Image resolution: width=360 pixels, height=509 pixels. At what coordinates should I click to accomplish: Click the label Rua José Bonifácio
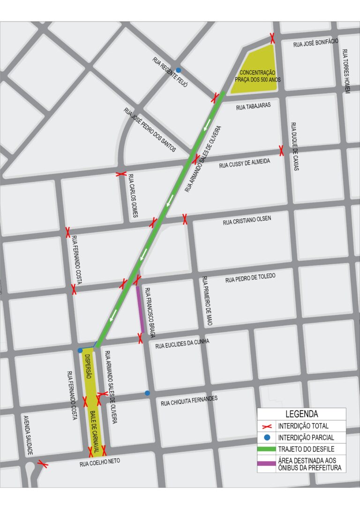click(x=315, y=43)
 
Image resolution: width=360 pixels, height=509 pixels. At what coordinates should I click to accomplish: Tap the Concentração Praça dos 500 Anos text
click(x=257, y=76)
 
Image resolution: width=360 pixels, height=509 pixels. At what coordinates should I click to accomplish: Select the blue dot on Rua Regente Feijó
click(x=178, y=70)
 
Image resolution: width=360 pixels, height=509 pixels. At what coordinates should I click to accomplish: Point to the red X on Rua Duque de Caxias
click(x=281, y=150)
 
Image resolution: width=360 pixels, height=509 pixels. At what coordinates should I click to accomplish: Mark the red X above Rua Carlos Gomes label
click(x=121, y=174)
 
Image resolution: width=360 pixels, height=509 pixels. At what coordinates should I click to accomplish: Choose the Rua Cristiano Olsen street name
click(x=247, y=221)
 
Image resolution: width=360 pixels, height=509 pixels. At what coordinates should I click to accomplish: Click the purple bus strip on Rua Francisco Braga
click(x=140, y=309)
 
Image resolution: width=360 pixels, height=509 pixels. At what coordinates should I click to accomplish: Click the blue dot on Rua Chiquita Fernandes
click(x=147, y=393)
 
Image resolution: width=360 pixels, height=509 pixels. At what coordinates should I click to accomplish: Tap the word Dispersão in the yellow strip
click(x=88, y=367)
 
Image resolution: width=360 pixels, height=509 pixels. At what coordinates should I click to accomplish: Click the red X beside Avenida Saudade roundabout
click(x=43, y=464)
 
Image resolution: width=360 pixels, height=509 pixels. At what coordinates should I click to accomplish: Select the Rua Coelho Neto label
click(x=99, y=463)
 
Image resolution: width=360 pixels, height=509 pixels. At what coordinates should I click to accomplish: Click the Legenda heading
click(x=301, y=414)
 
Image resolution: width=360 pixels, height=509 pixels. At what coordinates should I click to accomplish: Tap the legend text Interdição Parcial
click(x=306, y=438)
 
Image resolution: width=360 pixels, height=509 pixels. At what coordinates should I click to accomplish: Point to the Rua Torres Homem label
click(x=345, y=71)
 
